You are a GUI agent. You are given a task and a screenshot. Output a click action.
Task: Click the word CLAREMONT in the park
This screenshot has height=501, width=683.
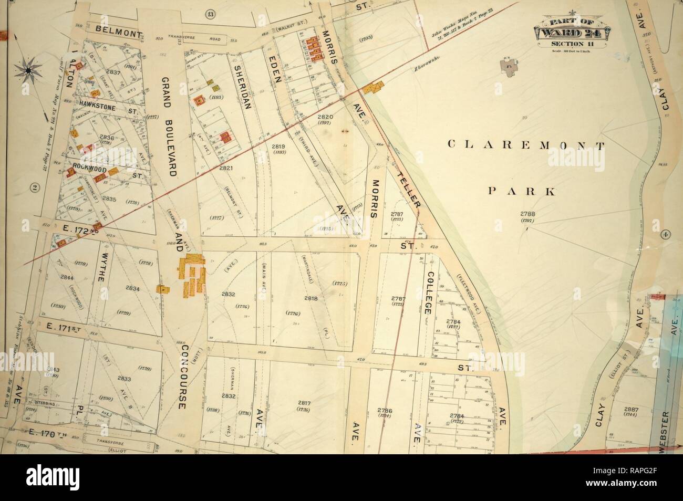click(525, 145)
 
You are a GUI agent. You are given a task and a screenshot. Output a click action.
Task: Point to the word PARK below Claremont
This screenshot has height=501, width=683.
click(522, 192)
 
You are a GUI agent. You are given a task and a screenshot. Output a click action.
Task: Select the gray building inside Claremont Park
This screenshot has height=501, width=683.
click(510, 67)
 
